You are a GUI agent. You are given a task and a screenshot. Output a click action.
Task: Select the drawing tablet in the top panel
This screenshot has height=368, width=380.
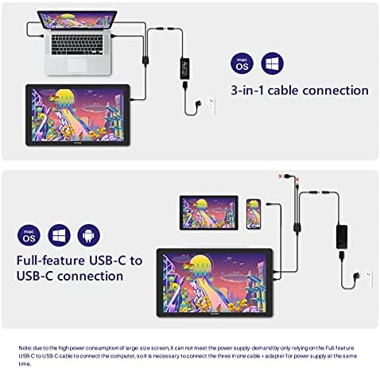pos(78,115)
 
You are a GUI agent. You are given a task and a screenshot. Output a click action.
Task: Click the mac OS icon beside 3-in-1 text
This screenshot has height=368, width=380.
pos(242,62)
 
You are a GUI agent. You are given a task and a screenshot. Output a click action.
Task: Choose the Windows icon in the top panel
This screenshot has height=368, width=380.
pos(272,62)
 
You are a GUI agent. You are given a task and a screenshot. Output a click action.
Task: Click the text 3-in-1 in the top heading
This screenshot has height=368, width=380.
pos(246,91)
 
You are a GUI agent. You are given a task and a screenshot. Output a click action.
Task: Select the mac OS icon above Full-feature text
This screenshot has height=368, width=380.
pos(27,234)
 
